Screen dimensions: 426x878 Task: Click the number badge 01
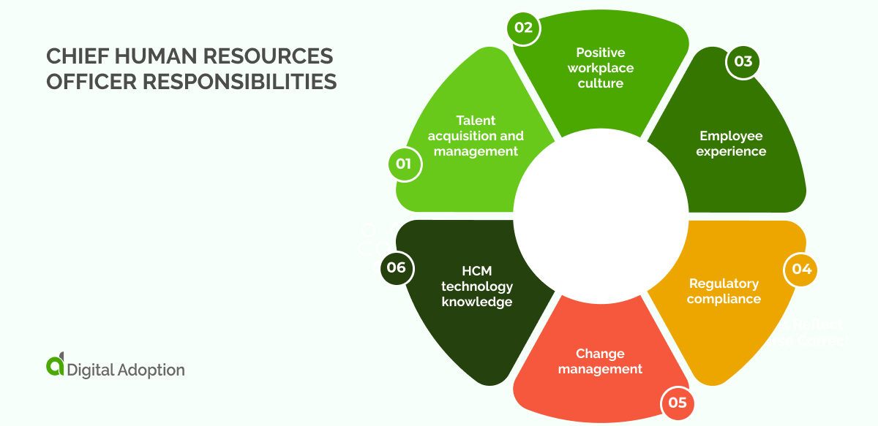(x=404, y=164)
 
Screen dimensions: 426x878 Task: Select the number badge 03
(x=743, y=61)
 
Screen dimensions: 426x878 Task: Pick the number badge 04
(x=801, y=269)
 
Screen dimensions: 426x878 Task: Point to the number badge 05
(x=677, y=402)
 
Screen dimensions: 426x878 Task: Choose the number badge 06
(x=396, y=267)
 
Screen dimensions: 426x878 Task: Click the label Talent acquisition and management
(x=476, y=136)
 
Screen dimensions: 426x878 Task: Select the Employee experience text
(x=731, y=144)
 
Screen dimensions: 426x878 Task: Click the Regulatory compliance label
(x=724, y=291)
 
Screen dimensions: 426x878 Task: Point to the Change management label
(x=600, y=361)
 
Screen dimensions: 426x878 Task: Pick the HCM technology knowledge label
(x=477, y=286)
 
